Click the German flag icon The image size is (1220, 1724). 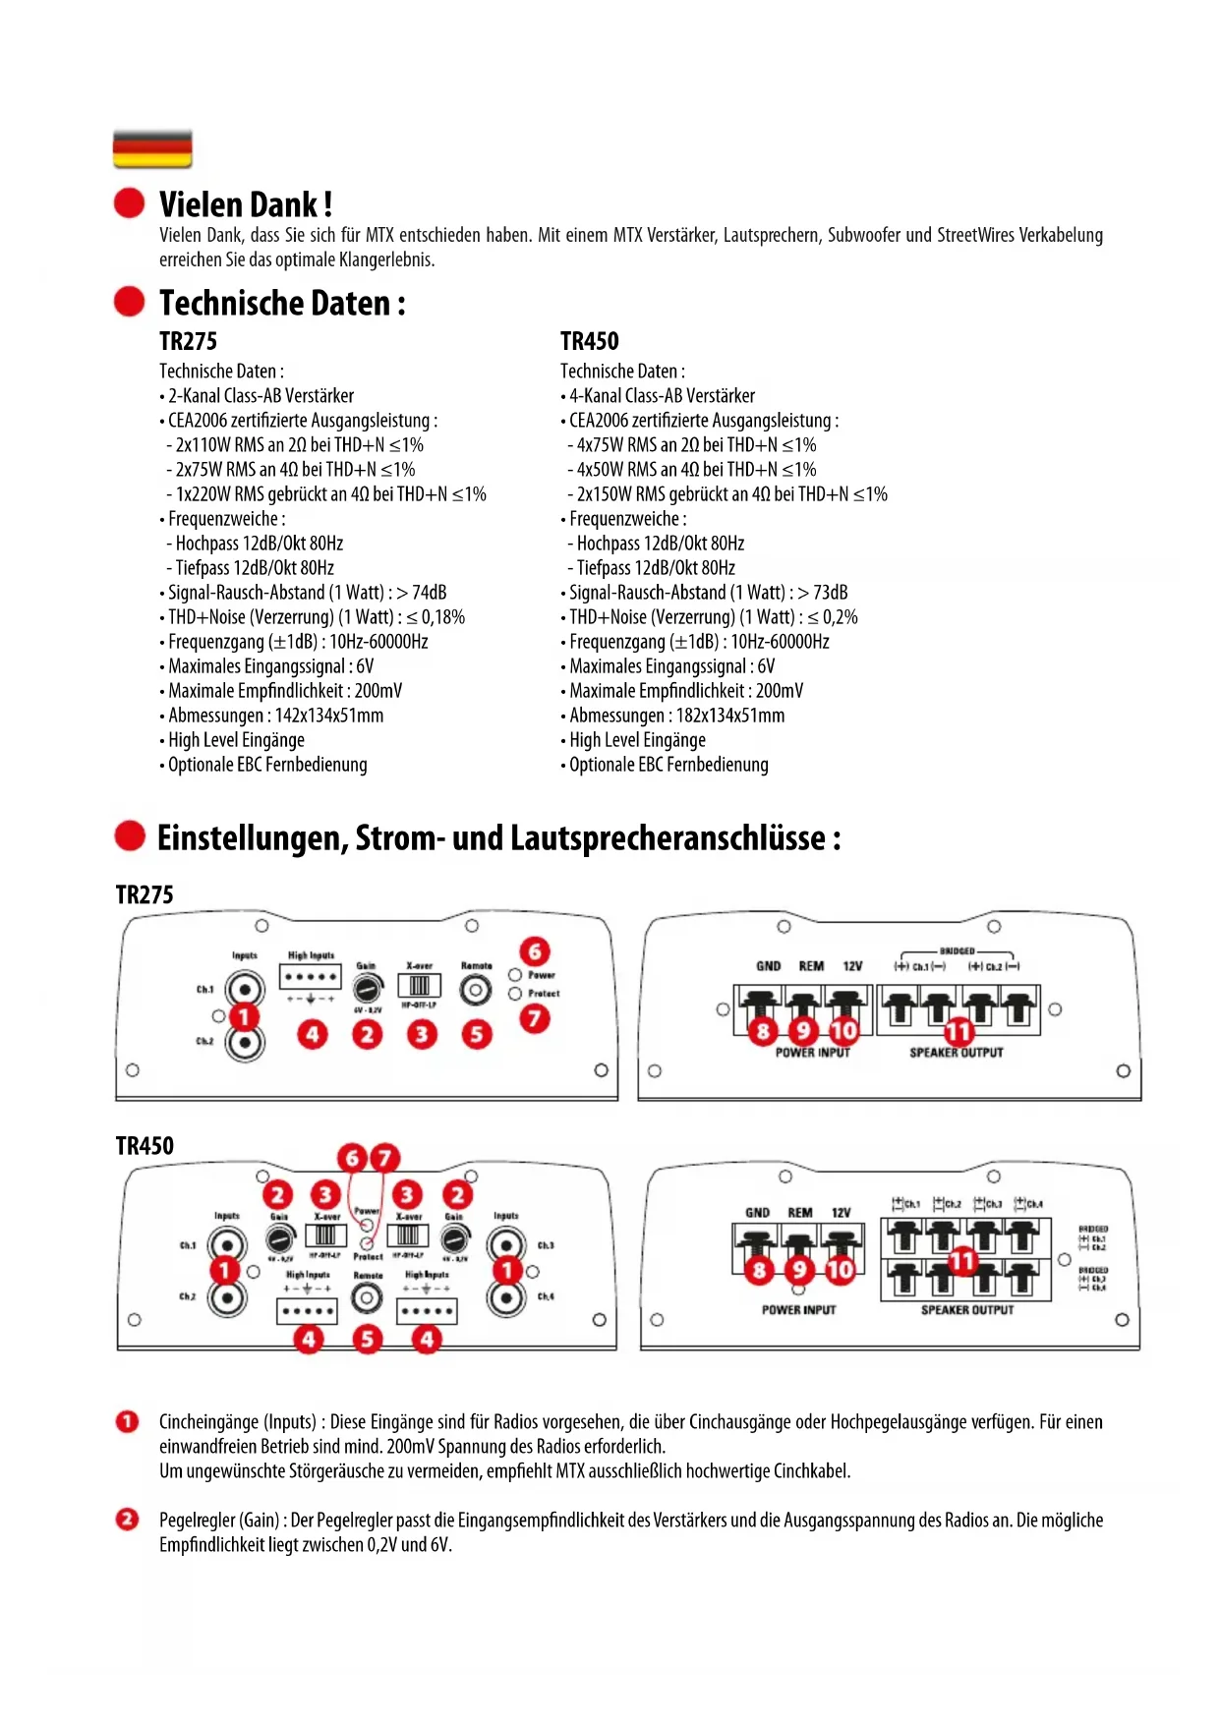[152, 149]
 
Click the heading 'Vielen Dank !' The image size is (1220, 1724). [245, 204]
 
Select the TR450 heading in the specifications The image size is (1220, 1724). [589, 341]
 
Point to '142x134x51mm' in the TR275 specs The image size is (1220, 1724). [328, 716]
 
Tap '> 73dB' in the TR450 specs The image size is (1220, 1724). [822, 593]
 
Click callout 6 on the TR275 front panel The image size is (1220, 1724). [535, 950]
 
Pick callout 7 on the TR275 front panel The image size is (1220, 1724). [535, 1018]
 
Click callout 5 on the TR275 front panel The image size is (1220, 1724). [477, 1034]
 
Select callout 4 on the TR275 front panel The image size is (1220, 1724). [313, 1034]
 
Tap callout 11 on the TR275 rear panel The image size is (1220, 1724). [959, 1031]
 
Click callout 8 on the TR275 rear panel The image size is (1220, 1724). [763, 1031]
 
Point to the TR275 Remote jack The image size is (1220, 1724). [476, 990]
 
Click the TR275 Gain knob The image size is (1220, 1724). [367, 987]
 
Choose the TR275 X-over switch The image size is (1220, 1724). [420, 986]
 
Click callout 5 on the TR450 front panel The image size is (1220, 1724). [367, 1339]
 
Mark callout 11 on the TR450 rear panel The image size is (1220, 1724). [960, 1260]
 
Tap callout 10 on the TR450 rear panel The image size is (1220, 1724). [841, 1271]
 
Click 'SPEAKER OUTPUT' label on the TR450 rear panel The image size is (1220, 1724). [966, 1310]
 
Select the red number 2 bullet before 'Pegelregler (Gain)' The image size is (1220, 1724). [128, 1520]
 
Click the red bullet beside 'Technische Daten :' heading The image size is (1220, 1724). [129, 302]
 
